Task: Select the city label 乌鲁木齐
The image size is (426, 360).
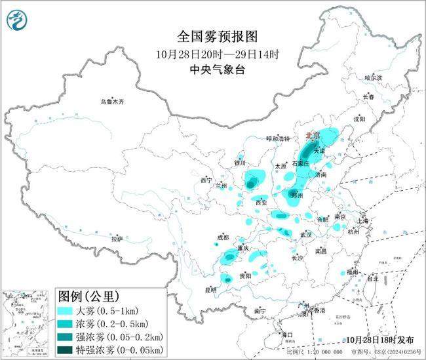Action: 112,102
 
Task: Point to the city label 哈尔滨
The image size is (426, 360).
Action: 372,77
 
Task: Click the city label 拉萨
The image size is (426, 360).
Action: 117,239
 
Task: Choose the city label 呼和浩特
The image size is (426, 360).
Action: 277,139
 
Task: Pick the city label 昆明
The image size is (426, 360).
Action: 210,289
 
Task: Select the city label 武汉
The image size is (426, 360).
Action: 305,234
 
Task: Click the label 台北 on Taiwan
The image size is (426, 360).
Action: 372,278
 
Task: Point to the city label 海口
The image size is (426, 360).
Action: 286,334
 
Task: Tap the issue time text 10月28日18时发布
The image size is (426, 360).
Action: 381,340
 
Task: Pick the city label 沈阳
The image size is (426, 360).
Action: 359,119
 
